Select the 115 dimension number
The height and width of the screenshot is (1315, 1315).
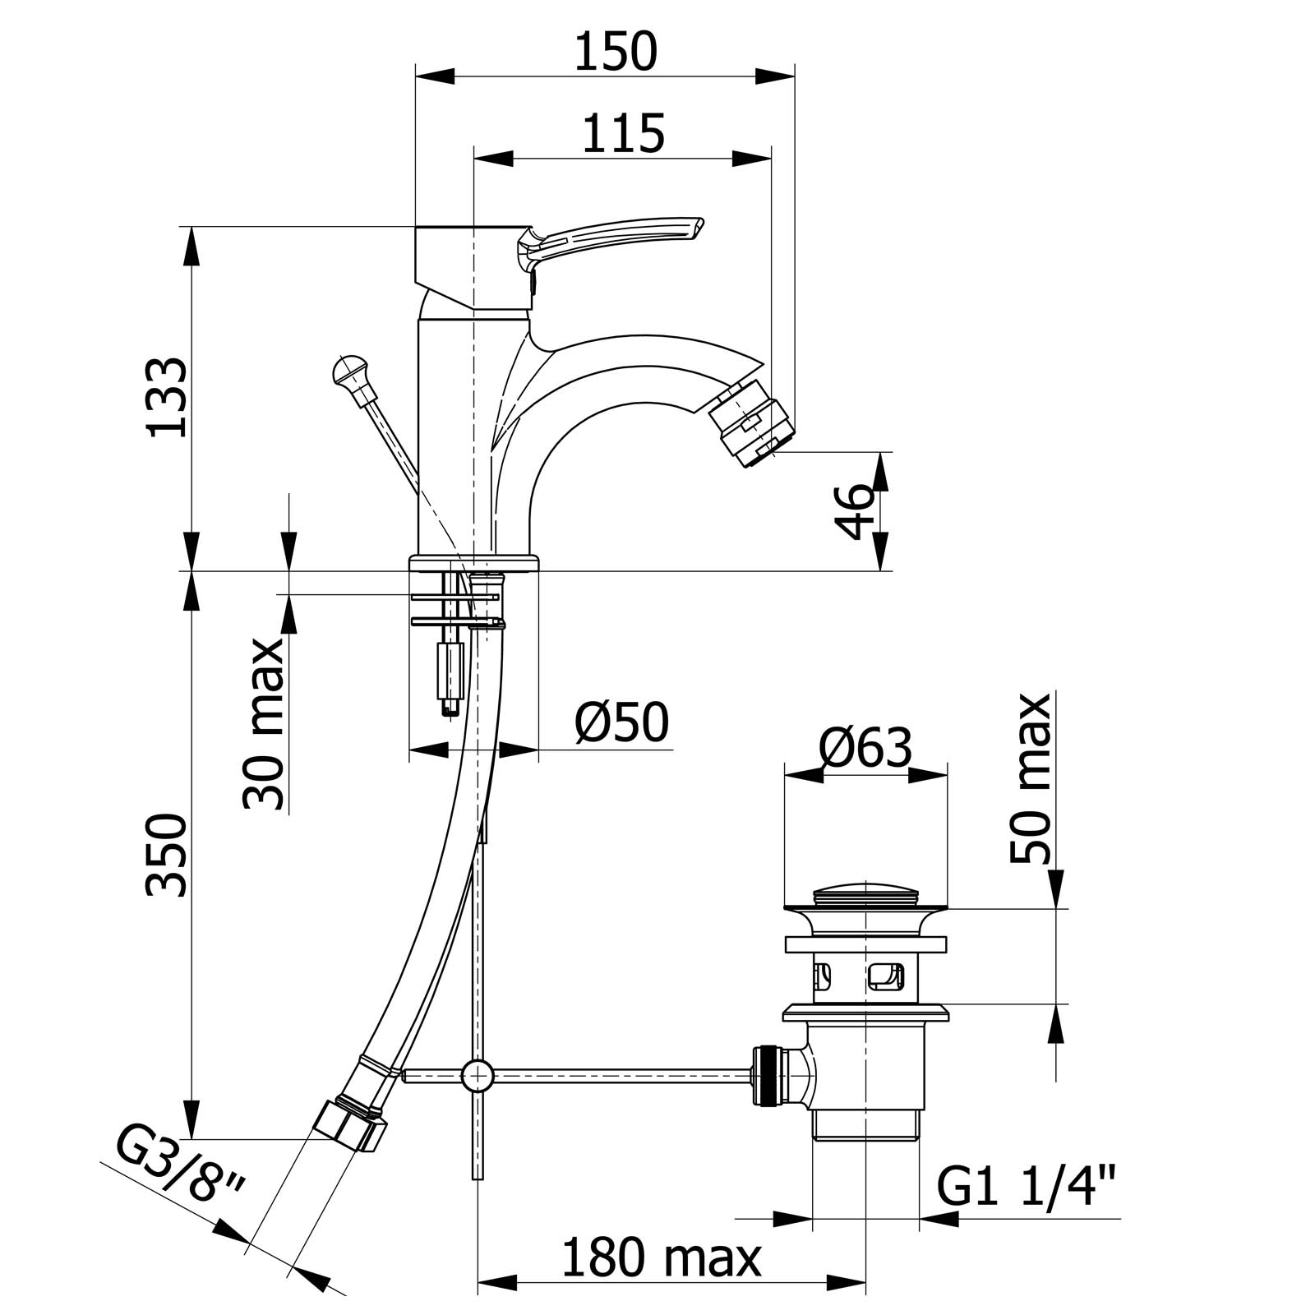pyautogui.click(x=623, y=133)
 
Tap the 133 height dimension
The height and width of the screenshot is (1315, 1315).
pyautogui.click(x=167, y=396)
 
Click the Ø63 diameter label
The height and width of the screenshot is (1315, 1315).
pyautogui.click(x=865, y=748)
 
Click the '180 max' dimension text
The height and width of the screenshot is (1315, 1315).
pyautogui.click(x=662, y=1257)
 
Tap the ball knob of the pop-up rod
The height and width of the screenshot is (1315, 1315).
pyautogui.click(x=350, y=370)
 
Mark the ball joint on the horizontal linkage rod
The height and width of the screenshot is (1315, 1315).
pyautogui.click(x=478, y=1074)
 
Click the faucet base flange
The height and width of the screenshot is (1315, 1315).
pyautogui.click(x=474, y=563)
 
